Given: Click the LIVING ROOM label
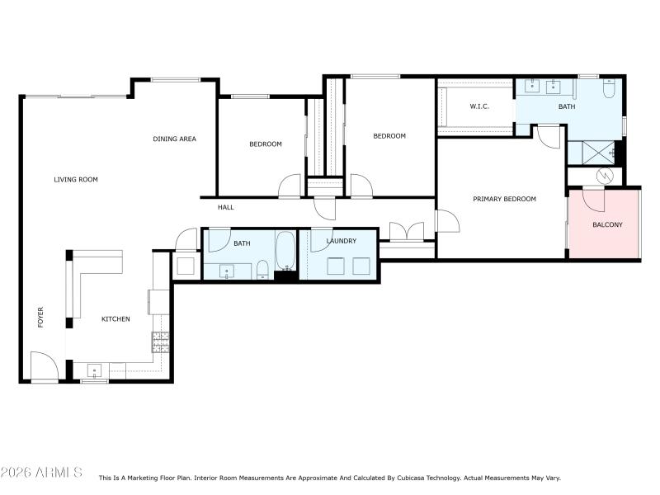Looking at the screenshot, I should [x=76, y=179].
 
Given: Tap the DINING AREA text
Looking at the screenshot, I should [x=174, y=139].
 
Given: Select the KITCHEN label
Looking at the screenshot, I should [x=115, y=318].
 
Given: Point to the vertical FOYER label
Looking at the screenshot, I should [x=40, y=318].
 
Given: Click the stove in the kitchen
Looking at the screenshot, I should [x=160, y=342].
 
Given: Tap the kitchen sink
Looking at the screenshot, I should [x=94, y=370].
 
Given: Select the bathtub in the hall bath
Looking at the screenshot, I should [x=285, y=251].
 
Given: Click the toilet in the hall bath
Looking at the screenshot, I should [x=262, y=268].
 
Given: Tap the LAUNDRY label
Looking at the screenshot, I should [x=341, y=241].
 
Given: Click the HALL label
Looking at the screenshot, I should [x=226, y=207].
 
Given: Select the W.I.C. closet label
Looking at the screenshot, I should [x=480, y=106].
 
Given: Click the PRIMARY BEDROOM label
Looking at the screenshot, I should [x=504, y=199].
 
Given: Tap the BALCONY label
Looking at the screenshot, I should [x=607, y=224].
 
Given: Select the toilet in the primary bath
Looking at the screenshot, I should [x=609, y=90].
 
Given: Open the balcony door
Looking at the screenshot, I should [x=593, y=199].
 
